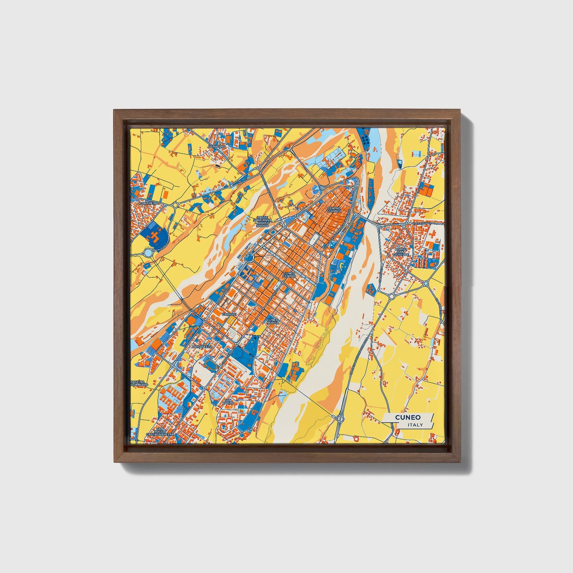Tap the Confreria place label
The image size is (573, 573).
[x=149, y=203]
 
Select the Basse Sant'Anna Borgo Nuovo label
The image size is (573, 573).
[x=263, y=221]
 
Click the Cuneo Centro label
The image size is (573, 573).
[x=289, y=274]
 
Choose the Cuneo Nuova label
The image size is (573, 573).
[x=273, y=321]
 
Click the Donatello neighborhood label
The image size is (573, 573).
[x=202, y=347]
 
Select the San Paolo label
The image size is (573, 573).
[x=228, y=402]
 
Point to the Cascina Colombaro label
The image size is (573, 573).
[x=139, y=383]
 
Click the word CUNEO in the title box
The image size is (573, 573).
[x=408, y=417]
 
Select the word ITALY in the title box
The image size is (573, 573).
[x=415, y=425]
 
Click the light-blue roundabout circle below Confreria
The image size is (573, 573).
[x=148, y=252]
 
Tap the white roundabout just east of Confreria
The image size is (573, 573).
[x=175, y=205]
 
